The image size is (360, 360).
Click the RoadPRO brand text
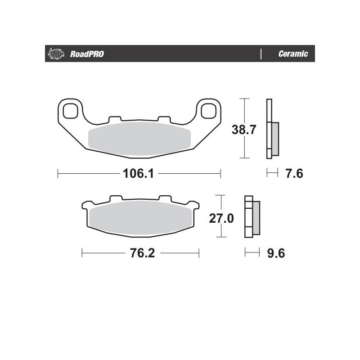pyautogui.click(x=87, y=54)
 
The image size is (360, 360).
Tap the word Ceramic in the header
pyautogui.click(x=293, y=54)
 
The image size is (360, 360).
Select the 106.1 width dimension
pyautogui.click(x=139, y=173)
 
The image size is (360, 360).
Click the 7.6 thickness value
pyautogui.click(x=292, y=173)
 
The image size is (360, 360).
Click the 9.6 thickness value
pyautogui.click(x=276, y=253)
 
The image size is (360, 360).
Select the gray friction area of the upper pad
pyautogui.click(x=139, y=139)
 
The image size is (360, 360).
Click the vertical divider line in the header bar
pyautogui.click(x=261, y=54)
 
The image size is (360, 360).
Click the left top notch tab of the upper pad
pyautogui.click(x=115, y=119)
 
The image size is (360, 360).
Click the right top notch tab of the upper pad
pyautogui.click(x=163, y=119)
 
